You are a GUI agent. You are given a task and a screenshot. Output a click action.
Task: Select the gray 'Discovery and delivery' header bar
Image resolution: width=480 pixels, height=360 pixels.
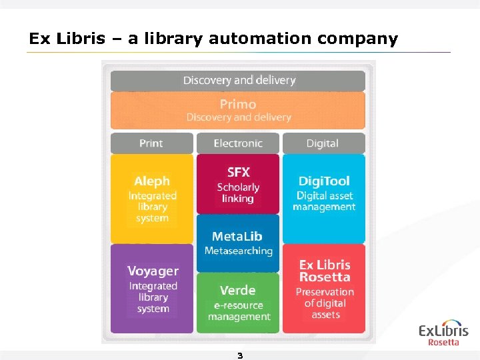click(238, 80)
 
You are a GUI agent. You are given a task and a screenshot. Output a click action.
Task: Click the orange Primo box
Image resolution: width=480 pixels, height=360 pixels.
click(238, 110)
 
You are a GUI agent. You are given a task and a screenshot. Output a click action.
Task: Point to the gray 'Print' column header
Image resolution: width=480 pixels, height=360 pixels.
click(151, 143)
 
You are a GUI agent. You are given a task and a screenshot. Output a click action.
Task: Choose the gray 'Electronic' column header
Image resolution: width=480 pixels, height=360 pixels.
click(238, 143)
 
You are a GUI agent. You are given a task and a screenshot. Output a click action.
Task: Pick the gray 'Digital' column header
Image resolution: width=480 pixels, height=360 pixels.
click(323, 143)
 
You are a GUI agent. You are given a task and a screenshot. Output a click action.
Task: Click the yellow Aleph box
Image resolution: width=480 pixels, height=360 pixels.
click(152, 198)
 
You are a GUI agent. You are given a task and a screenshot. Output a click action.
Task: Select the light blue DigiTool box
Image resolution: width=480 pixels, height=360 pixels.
click(324, 198)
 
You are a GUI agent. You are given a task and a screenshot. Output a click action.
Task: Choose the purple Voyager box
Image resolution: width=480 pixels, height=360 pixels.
click(153, 288)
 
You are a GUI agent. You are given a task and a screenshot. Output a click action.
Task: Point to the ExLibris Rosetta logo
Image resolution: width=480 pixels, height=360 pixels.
click(443, 334)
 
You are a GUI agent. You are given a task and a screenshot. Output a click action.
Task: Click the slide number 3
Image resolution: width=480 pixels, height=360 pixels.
click(240, 355)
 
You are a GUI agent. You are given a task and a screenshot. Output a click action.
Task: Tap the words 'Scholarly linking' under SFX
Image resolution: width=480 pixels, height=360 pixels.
click(238, 193)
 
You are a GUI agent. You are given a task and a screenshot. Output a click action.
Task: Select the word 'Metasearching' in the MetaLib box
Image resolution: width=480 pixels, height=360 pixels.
click(238, 251)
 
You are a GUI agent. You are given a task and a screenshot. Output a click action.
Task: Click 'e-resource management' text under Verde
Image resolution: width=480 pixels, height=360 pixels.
click(239, 311)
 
